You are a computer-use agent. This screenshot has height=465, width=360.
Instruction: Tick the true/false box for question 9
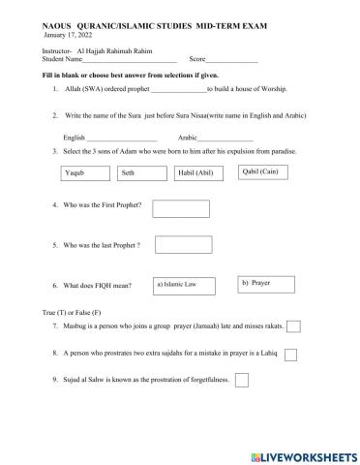point(242,380)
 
